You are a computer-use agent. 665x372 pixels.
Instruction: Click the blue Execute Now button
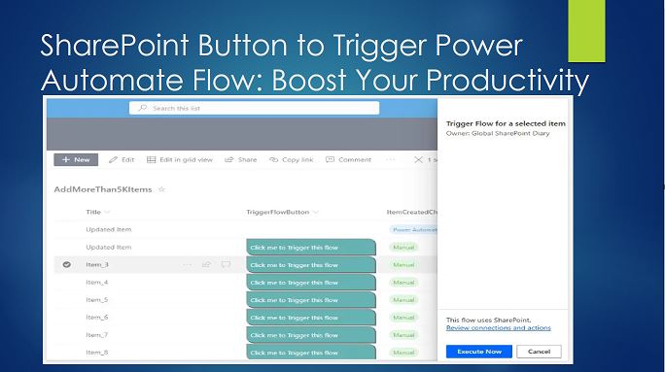478,351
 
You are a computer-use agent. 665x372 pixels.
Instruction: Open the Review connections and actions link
498,328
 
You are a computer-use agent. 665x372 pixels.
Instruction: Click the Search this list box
255,108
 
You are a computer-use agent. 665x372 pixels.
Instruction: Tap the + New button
75,159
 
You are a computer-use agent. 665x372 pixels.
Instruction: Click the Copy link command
292,159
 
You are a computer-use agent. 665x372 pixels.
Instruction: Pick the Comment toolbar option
349,159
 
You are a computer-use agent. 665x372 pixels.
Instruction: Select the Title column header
94,212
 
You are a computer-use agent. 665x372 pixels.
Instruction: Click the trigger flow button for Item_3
311,264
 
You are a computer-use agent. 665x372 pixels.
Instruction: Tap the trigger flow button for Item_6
311,318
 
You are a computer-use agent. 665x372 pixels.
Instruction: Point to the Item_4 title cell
97,282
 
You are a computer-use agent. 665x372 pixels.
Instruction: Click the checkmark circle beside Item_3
66,264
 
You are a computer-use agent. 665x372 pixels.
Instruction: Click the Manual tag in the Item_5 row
402,300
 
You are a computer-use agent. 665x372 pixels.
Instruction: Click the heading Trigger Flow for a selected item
506,124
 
